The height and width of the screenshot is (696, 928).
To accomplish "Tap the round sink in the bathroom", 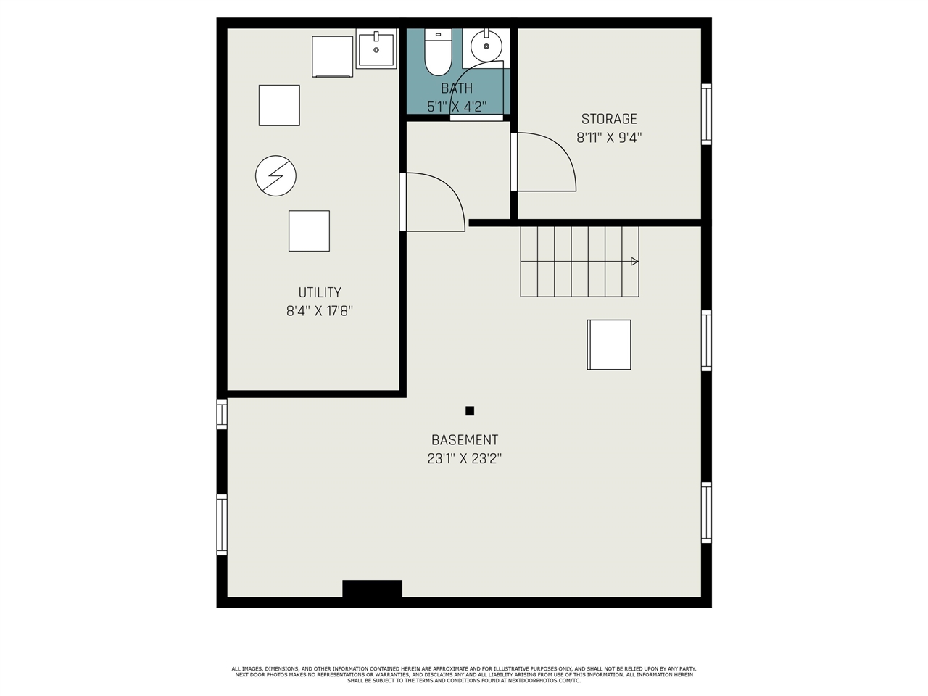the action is coord(486,46).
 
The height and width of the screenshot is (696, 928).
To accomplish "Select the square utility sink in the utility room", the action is coord(376,49).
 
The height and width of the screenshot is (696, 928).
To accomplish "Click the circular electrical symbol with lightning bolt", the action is coord(275,175).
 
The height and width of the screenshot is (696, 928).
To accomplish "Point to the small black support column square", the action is coord(469,411).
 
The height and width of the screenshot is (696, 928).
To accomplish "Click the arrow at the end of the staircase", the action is coord(634,262).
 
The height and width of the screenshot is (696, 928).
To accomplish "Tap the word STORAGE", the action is coord(609,119).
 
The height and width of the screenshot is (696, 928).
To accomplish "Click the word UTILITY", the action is coord(320,292).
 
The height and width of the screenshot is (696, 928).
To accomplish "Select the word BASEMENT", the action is coord(465,440).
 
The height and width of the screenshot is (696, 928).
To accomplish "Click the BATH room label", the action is coord(457,88).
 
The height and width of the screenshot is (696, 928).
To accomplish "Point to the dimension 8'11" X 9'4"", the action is coord(609,137).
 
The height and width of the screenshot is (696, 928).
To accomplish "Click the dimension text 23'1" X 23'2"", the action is coord(464,458).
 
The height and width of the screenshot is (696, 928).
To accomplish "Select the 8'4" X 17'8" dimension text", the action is coord(320,311).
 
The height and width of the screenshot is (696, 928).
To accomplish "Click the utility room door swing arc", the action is coord(450,191).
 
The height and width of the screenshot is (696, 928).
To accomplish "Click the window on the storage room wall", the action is coord(706,114).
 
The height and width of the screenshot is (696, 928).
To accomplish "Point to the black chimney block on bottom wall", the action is coord(372,589).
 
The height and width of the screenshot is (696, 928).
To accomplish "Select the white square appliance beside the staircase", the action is coord(609,345).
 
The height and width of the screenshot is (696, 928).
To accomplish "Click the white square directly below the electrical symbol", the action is coord(309,231).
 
